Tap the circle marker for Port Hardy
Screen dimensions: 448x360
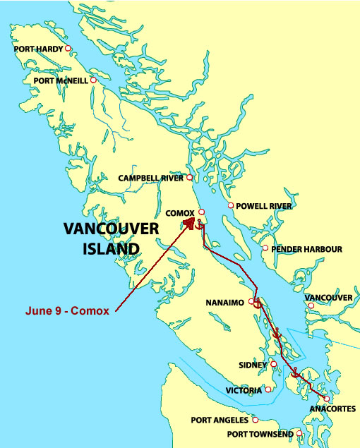[x=68, y=49]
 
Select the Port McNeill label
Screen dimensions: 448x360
[x=61, y=81]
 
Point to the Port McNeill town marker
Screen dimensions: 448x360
[x=92, y=80]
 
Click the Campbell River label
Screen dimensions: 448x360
[x=150, y=178]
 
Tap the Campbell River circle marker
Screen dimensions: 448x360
[x=189, y=177]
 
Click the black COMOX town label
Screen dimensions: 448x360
[x=180, y=212]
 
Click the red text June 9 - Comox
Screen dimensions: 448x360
[x=67, y=310]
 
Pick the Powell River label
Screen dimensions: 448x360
[x=263, y=206]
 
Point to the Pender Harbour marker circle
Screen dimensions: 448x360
[x=265, y=248]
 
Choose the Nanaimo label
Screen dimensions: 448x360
[x=225, y=302]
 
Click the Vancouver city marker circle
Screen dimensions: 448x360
[x=311, y=305]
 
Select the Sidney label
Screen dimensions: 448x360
[x=253, y=365]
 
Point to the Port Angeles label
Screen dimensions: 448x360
[x=220, y=420]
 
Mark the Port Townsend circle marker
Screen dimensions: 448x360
[x=300, y=432]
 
